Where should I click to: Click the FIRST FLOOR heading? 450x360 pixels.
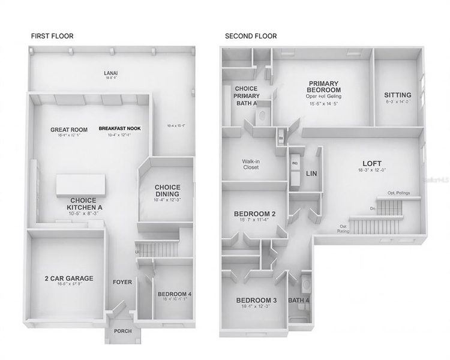pos(52,36)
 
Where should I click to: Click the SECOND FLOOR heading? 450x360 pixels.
pos(251,36)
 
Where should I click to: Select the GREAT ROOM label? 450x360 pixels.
pos(69,130)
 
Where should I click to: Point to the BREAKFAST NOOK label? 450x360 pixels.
pos(119,129)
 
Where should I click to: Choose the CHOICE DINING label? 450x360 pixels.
pos(167,190)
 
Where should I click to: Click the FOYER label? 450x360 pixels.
pos(122,282)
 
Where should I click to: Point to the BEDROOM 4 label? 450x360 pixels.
pos(175,294)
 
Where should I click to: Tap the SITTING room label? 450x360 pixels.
pos(397,95)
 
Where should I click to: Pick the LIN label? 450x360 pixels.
pos(311,173)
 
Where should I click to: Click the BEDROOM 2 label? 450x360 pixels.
pos(255,214)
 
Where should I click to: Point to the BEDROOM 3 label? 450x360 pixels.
pos(256,300)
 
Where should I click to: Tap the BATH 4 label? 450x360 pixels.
pos(298,301)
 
